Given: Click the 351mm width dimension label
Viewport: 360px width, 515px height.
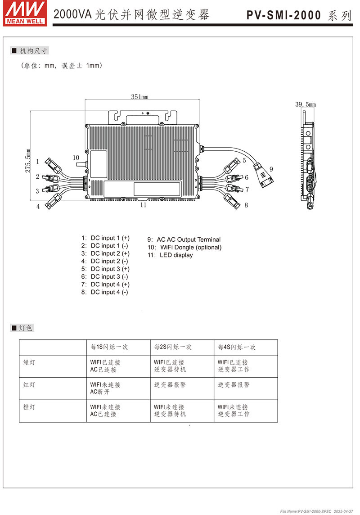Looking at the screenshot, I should click(x=139, y=96).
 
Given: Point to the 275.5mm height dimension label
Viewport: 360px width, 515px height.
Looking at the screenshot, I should click(x=28, y=161).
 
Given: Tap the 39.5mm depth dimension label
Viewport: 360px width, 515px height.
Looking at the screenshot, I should click(x=305, y=104).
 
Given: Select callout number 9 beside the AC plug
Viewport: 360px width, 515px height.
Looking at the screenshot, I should click(x=271, y=169).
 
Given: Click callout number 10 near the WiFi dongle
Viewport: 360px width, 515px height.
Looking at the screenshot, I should click(x=76, y=158).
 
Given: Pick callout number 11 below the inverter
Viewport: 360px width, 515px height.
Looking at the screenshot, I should click(x=143, y=205).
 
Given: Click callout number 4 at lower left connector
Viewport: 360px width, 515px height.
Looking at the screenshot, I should click(x=38, y=207).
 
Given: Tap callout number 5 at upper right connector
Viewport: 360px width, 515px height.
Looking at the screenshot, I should click(x=244, y=160).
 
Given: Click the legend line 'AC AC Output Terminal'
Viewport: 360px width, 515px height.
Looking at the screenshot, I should click(x=184, y=239).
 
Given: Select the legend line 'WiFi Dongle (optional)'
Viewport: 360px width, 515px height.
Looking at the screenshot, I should click(x=184, y=247).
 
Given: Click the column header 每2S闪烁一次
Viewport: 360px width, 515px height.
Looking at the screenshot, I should click(x=173, y=347).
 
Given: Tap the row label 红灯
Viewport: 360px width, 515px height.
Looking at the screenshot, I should click(x=29, y=385).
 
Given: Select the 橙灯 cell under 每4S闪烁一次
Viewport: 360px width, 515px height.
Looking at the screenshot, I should click(x=234, y=411).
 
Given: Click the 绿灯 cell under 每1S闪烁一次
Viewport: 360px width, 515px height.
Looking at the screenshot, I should click(x=105, y=366).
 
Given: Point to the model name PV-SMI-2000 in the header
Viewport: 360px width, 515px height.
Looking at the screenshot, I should click(x=284, y=16).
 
